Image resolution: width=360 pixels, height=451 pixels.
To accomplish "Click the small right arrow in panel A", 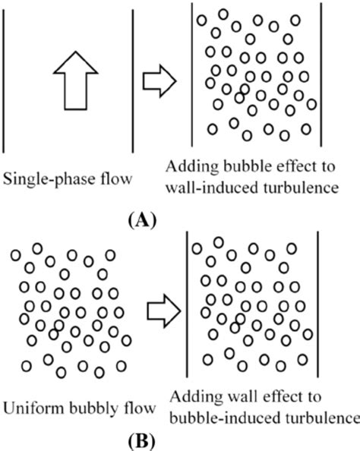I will click(162, 77).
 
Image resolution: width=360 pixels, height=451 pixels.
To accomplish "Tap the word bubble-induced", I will click(219, 418).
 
